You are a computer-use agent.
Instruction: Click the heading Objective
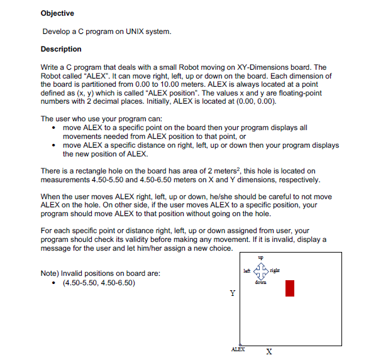pos(57,13)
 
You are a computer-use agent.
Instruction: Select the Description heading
pos(61,49)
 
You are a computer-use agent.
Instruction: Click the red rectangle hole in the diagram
pos(290,288)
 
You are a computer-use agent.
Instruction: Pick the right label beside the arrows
pos(277,270)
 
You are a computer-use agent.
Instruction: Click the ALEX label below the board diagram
pos(238,347)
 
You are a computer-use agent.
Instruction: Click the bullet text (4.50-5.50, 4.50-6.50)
pos(99,282)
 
